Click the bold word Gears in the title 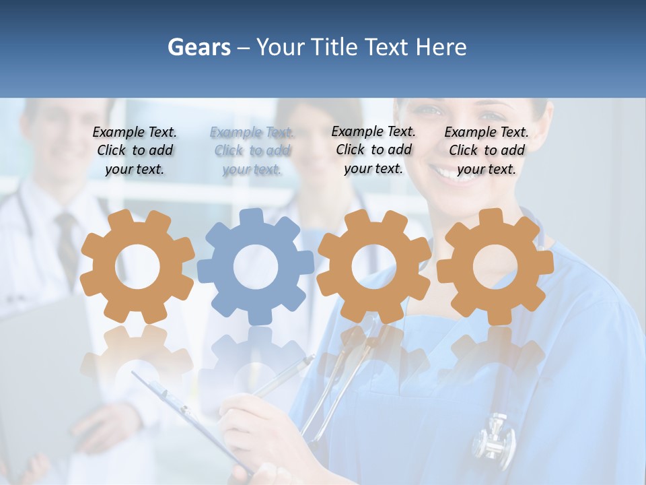click(199, 47)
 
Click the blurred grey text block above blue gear click(252, 151)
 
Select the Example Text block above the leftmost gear click(135, 151)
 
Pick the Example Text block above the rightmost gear click(487, 151)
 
